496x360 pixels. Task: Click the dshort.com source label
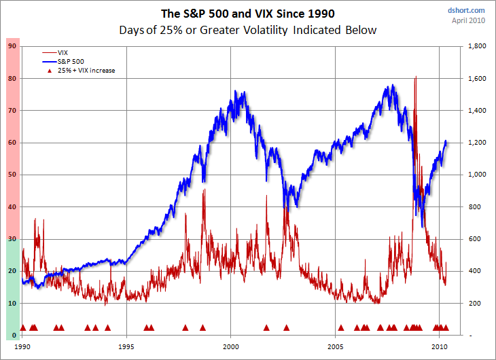[x=466, y=10]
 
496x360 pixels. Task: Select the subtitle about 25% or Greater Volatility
[x=247, y=30]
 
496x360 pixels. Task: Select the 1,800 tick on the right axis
[x=475, y=46]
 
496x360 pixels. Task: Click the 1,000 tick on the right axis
[x=475, y=175]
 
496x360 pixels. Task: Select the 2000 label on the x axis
[x=231, y=345]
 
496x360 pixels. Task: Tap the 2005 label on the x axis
[x=336, y=345]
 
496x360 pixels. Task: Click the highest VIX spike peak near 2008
[x=415, y=77]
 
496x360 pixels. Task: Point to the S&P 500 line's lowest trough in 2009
[x=422, y=228]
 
